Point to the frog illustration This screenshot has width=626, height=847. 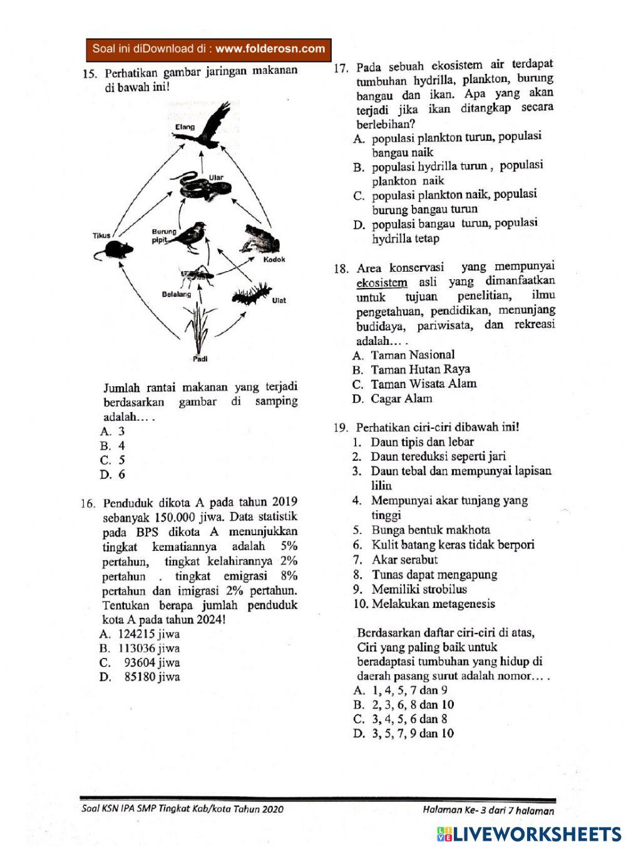[262, 239]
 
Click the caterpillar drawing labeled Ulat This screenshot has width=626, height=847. [251, 294]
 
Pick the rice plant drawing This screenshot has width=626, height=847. [199, 329]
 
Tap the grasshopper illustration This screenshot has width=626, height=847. [197, 274]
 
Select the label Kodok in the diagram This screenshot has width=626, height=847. [274, 259]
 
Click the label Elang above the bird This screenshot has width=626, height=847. [185, 127]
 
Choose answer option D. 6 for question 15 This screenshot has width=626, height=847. [113, 475]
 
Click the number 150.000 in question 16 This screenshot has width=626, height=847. [178, 518]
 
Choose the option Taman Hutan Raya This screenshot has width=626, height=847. [420, 369]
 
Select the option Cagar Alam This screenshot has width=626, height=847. [401, 399]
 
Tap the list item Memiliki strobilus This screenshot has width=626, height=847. [419, 589]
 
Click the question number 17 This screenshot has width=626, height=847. [341, 68]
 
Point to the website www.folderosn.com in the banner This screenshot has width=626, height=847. [270, 49]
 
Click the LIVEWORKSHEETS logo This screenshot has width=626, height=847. [529, 833]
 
